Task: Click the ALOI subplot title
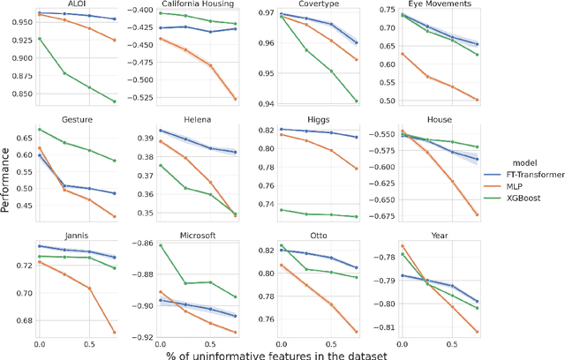(x=78, y=4)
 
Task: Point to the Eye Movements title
(x=439, y=4)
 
